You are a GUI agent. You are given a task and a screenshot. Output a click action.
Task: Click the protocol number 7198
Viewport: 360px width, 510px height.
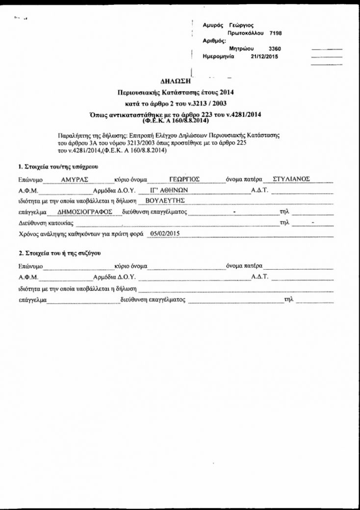tap(275, 33)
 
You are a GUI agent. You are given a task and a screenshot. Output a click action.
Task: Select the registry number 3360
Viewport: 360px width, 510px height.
tap(275, 49)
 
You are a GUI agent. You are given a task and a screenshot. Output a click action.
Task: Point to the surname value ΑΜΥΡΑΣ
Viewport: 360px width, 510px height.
tap(74, 179)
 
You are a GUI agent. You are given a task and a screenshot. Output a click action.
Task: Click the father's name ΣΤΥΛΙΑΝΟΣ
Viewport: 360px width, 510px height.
tap(291, 179)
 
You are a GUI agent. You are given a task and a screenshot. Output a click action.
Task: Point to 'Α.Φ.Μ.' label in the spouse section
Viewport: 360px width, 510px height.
tap(28, 277)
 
